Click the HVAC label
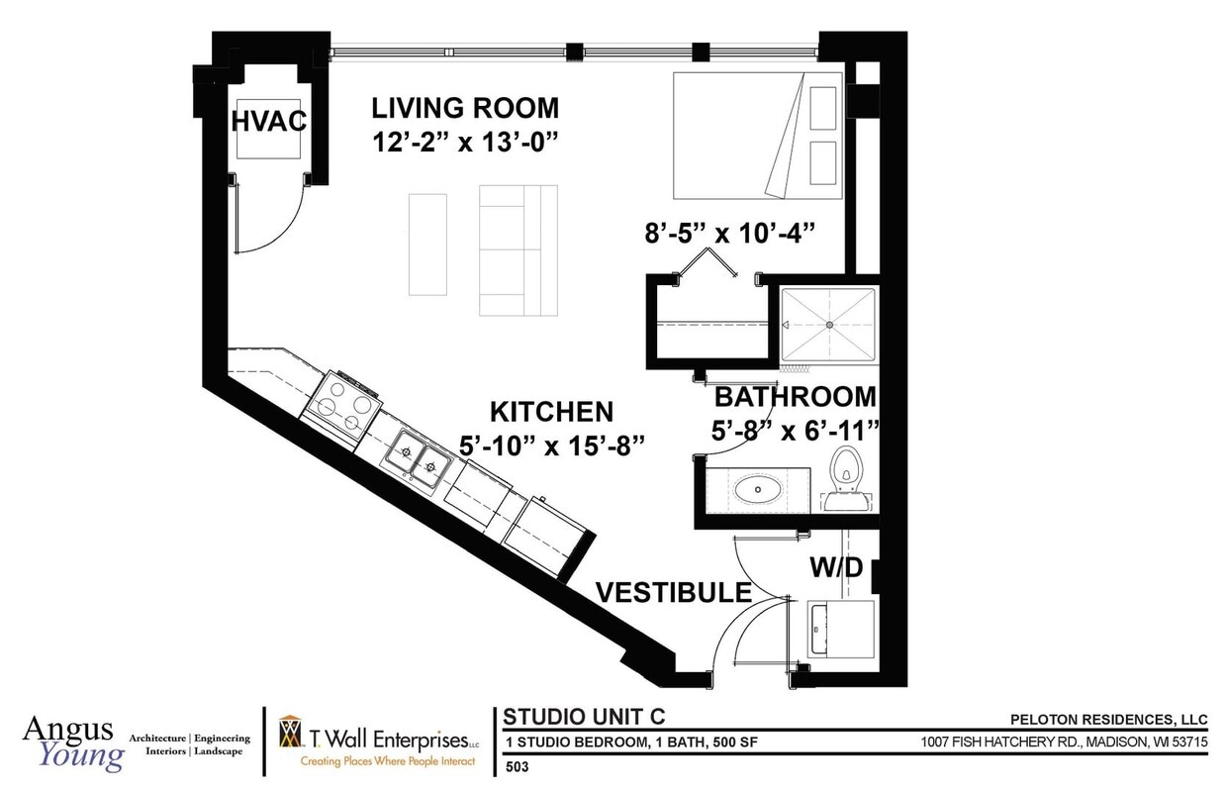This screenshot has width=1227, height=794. click(269, 121)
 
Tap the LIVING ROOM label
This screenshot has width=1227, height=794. click(465, 108)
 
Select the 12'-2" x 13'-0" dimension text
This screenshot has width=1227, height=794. click(465, 143)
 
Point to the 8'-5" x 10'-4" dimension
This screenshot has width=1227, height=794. click(729, 234)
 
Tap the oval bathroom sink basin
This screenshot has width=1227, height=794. click(758, 489)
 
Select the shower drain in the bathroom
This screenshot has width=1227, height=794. click(829, 325)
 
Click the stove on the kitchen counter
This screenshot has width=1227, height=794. click(340, 408)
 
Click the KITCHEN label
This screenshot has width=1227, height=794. click(551, 412)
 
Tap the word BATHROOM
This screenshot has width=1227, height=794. click(796, 397)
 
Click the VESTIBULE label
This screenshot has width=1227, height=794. click(674, 592)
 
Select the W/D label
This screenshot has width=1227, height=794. click(836, 567)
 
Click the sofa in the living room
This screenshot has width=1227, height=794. click(519, 250)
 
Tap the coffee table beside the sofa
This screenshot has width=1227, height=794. click(427, 245)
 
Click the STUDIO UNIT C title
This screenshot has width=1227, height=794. click(584, 717)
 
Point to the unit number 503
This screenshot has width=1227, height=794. click(518, 766)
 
